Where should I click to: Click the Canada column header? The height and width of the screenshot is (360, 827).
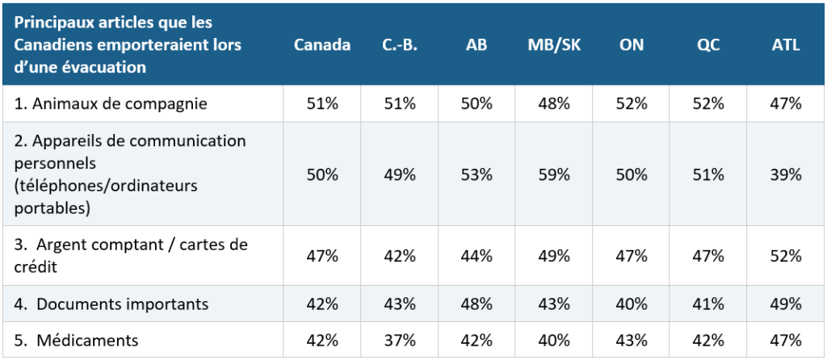[x=321, y=45]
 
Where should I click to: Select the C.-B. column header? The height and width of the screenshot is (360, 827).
[x=399, y=45]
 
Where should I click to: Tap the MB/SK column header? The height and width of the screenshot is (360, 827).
[x=554, y=45]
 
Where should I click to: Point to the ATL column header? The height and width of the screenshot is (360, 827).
[x=786, y=45]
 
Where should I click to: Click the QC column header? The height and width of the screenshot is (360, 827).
[x=708, y=45]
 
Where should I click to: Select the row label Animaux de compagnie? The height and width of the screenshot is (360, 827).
[x=110, y=104]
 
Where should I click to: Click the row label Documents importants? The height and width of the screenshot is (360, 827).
[x=111, y=304]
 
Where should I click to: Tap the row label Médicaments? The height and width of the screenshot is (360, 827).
[x=77, y=341]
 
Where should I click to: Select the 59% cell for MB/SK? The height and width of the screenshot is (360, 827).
[x=554, y=174]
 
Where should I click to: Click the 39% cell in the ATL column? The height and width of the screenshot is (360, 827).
[x=786, y=174]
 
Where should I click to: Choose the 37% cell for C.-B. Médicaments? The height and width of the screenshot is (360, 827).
[x=399, y=341]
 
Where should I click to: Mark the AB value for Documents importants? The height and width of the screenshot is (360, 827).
[x=476, y=304]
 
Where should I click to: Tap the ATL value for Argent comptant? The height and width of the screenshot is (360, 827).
[x=786, y=256]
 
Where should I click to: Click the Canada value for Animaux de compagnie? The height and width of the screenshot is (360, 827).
[x=322, y=104]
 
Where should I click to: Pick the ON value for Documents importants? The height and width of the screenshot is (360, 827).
[x=632, y=304]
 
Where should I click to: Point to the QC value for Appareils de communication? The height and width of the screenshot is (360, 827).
[x=708, y=174]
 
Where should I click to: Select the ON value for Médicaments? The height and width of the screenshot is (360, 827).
[x=632, y=341]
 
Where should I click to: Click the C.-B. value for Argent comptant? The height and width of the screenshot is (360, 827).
[x=399, y=256]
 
